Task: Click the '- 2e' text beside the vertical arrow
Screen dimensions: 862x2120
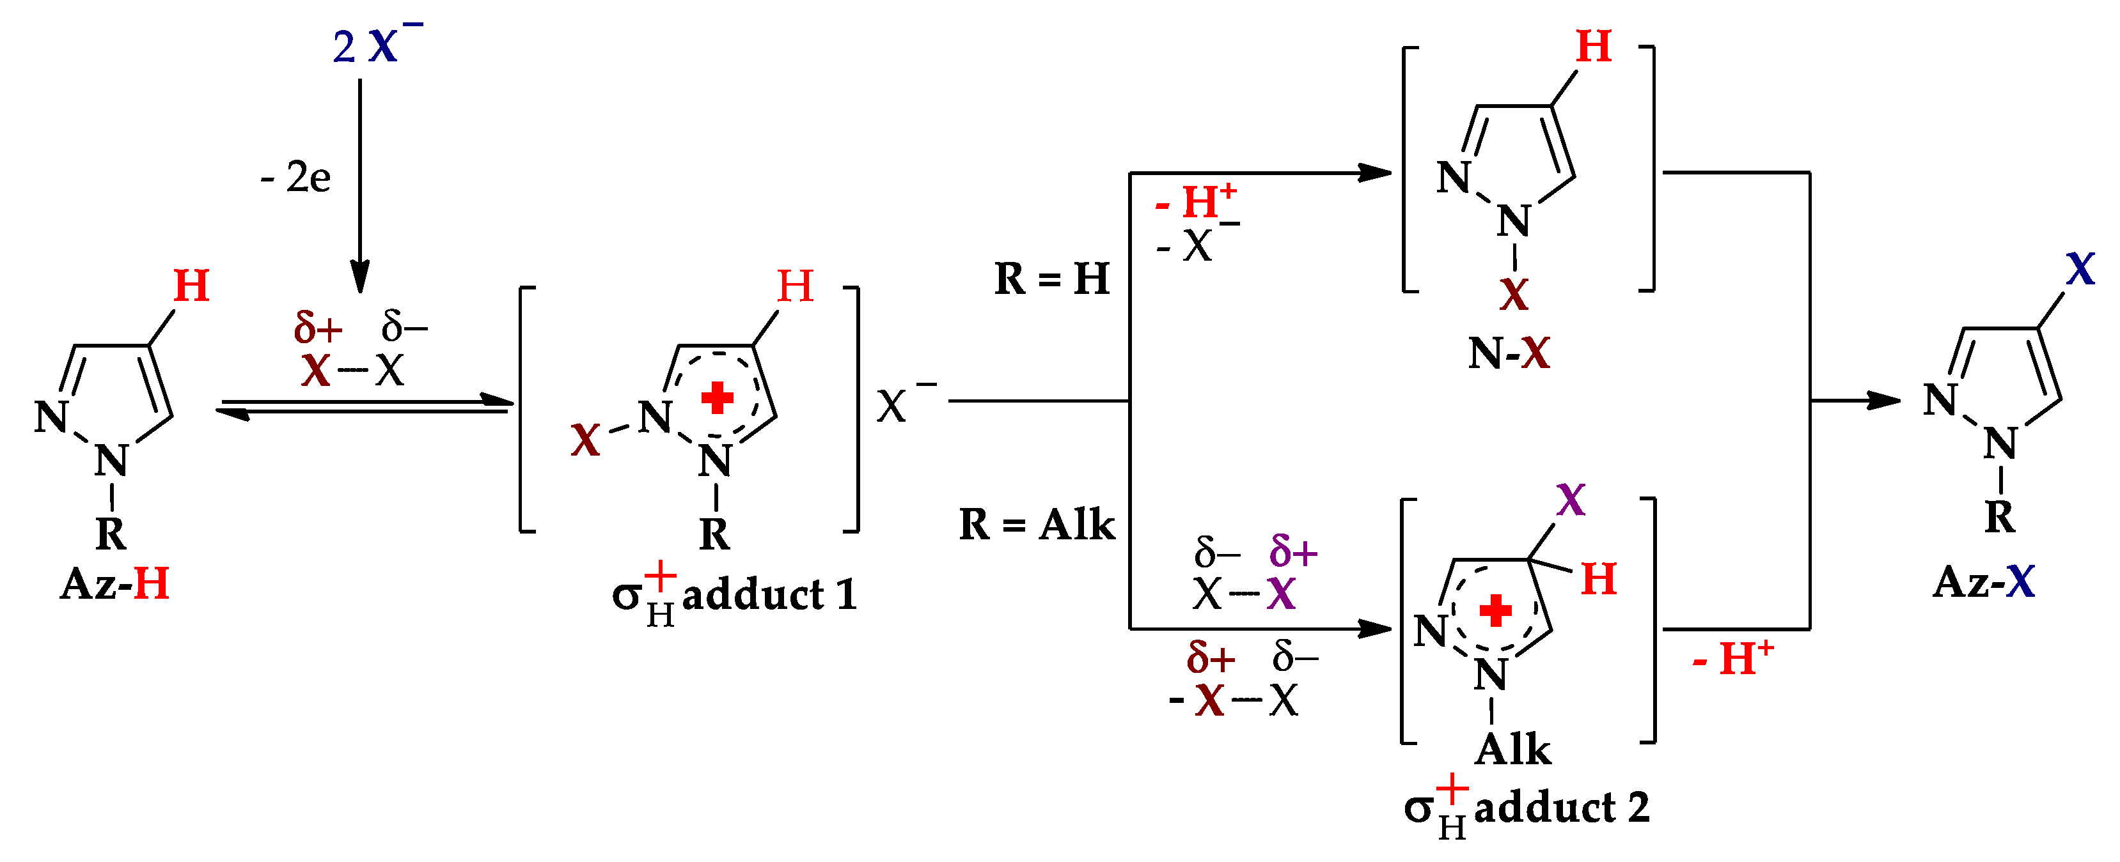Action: tap(295, 177)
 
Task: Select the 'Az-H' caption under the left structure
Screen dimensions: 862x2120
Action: tap(114, 583)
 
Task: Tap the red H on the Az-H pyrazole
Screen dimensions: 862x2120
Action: tap(191, 287)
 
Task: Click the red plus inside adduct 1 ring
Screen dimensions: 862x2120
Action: tap(717, 398)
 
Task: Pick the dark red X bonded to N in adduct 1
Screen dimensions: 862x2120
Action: tap(585, 440)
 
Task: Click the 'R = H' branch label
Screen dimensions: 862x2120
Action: tap(1052, 279)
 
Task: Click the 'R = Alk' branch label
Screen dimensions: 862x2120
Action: tap(1036, 524)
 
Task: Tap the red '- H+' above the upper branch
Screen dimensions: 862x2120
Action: tap(1195, 200)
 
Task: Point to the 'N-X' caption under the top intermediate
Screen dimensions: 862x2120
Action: tap(1509, 354)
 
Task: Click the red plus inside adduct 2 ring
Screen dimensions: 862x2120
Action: tap(1495, 610)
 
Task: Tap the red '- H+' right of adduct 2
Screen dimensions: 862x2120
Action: tap(1732, 658)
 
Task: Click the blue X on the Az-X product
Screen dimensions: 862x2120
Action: tap(2080, 269)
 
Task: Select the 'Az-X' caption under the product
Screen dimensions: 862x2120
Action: tap(1983, 581)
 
